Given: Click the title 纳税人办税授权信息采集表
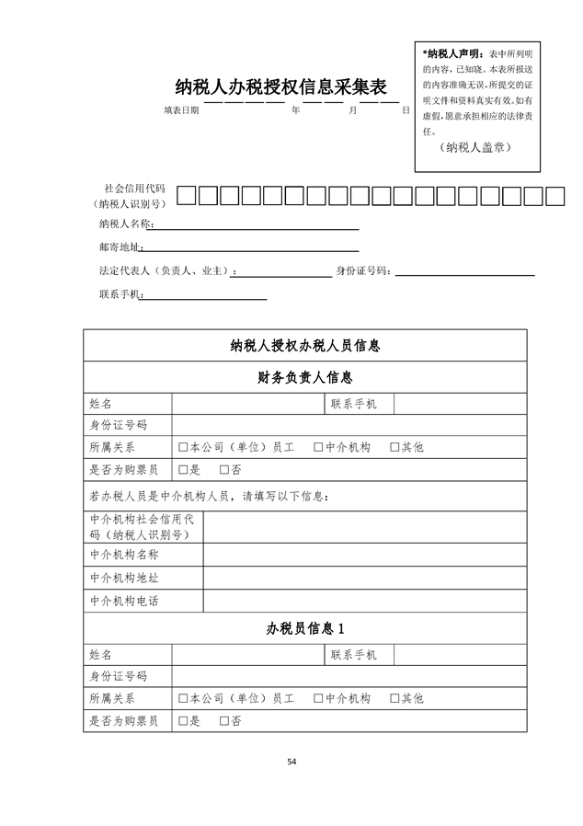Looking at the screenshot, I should [x=280, y=87].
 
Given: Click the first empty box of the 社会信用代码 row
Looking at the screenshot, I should [x=186, y=195].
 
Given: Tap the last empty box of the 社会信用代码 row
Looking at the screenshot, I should [x=555, y=195].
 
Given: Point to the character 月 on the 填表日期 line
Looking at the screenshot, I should [x=352, y=110].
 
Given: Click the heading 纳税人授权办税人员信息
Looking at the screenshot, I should [x=304, y=346].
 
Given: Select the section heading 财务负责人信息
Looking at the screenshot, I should [x=304, y=377].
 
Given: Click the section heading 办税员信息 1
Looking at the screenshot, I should [x=304, y=629].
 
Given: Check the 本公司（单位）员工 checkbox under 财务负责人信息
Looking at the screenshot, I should [x=183, y=447].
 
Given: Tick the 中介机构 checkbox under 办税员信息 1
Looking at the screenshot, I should [x=318, y=698].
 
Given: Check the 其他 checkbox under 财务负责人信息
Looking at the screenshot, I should [x=394, y=447].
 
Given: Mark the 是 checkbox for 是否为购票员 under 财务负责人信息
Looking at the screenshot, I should [x=183, y=470].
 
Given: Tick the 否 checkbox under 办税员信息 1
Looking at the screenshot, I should [x=224, y=721].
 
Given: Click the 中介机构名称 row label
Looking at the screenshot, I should [x=124, y=555].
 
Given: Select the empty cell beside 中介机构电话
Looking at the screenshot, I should [x=364, y=601].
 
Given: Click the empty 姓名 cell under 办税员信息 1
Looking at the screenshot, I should [x=246, y=655].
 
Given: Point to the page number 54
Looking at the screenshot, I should [x=291, y=762].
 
